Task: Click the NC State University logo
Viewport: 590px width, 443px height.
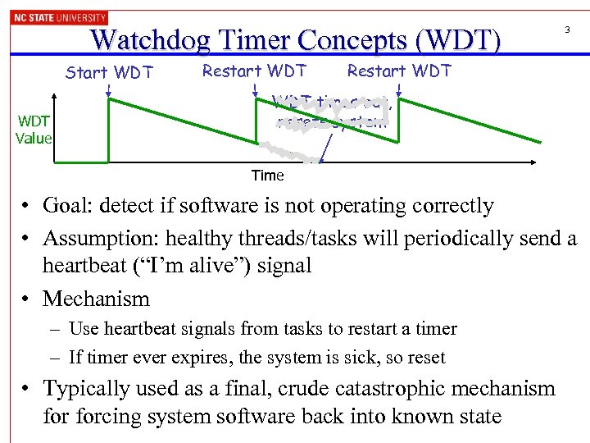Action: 58,17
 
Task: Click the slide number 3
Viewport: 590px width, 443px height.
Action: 566,30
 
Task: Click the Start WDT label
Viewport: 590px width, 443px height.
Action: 109,72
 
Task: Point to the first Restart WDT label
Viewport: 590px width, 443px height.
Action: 254,71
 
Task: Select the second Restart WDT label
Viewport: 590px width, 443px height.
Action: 399,71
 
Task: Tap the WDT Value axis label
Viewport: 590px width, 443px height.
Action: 33,130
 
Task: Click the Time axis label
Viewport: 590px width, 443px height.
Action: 267,175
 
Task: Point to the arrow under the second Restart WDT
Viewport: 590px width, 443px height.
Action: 399,89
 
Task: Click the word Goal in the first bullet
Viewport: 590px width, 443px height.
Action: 69,206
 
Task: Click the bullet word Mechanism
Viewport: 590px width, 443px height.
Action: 96,299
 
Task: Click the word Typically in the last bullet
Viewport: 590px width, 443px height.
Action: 87,388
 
